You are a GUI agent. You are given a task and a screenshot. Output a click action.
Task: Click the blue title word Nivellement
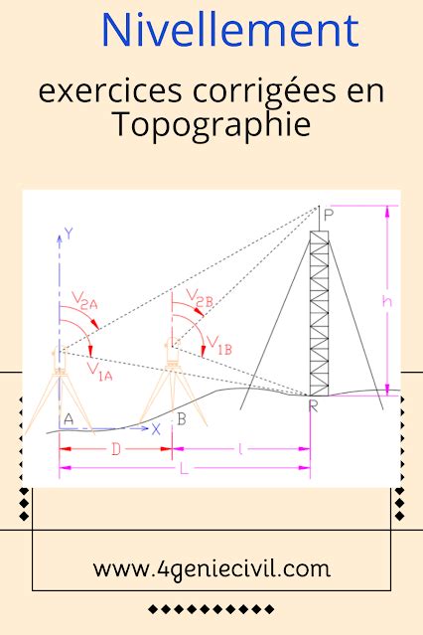(230, 31)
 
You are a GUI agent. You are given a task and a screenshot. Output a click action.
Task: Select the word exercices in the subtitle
(110, 92)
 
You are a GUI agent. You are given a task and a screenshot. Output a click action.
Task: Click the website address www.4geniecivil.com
(211, 569)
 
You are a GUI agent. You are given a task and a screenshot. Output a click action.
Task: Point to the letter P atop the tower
(329, 215)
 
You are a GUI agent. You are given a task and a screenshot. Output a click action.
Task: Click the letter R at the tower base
(314, 405)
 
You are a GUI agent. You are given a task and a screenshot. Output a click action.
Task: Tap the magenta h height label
(387, 301)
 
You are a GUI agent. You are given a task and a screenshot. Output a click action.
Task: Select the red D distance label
(116, 449)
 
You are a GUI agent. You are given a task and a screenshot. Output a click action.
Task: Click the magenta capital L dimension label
(184, 469)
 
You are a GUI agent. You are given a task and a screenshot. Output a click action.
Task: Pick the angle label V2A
(85, 300)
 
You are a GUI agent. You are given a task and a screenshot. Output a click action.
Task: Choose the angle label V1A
(99, 371)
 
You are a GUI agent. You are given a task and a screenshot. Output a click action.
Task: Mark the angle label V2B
(200, 298)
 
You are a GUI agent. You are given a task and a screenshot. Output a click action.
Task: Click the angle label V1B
(219, 346)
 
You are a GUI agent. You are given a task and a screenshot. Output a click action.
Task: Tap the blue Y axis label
(70, 234)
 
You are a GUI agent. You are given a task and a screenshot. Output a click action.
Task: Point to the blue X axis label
(156, 429)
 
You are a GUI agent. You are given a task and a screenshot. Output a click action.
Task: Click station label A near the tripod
(69, 419)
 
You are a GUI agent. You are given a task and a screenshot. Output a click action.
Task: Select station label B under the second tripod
(182, 419)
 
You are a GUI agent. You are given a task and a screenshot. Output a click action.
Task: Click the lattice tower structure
(319, 313)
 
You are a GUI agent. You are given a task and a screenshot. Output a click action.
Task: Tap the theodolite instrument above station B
(172, 352)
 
